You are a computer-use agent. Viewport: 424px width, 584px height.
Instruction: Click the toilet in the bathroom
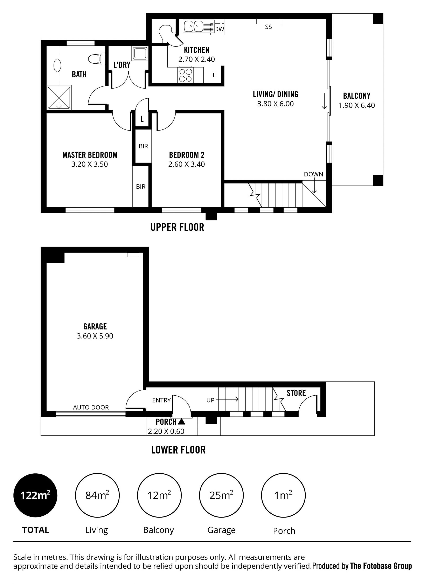click(x=97, y=59)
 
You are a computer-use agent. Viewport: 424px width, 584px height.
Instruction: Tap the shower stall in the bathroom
click(x=59, y=98)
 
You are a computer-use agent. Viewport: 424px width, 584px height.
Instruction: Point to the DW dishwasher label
click(x=219, y=29)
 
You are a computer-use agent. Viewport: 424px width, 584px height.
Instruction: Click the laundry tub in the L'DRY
click(x=140, y=53)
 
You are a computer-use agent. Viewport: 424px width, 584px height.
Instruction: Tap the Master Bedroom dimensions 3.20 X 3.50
click(x=90, y=164)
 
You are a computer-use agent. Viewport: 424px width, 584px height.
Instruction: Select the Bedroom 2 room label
click(x=187, y=155)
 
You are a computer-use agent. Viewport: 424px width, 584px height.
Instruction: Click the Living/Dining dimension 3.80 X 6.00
click(x=275, y=104)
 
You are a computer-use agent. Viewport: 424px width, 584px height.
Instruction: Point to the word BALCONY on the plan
click(x=357, y=96)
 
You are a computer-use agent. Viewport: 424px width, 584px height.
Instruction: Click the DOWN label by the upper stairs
click(x=313, y=174)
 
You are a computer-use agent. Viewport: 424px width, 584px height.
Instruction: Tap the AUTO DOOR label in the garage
click(x=91, y=407)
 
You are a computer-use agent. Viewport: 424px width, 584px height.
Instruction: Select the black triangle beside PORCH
click(x=182, y=421)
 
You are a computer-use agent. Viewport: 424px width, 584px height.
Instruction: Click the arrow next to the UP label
click(x=227, y=400)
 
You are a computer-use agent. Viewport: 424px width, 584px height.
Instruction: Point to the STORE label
click(x=296, y=393)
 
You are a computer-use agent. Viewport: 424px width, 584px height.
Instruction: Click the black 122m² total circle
click(x=36, y=495)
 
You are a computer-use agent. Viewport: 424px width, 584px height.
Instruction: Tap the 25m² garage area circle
click(x=221, y=495)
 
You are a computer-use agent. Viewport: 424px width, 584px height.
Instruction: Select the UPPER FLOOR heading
click(x=177, y=227)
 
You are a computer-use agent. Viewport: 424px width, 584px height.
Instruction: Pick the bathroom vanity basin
click(x=57, y=65)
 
